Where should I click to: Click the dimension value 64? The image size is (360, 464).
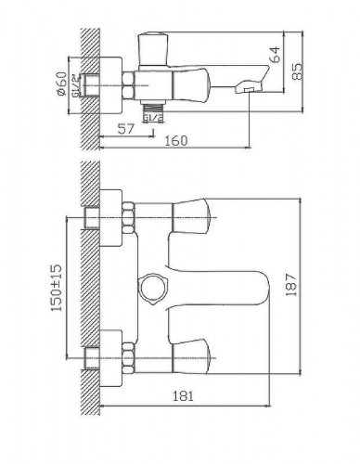tap(276, 54)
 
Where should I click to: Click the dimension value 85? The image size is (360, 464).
tap(297, 71)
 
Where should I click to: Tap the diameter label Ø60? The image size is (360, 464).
tap(61, 84)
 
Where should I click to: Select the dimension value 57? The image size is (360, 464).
tap(126, 128)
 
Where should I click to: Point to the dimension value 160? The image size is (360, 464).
tap(175, 141)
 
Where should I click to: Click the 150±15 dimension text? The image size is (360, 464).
tap(57, 288)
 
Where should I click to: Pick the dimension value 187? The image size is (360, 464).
tap(291, 285)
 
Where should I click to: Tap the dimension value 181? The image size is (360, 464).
tap(183, 396)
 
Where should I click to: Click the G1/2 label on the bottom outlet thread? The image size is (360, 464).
tap(153, 118)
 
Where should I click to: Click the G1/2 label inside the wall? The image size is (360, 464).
tap(75, 85)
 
